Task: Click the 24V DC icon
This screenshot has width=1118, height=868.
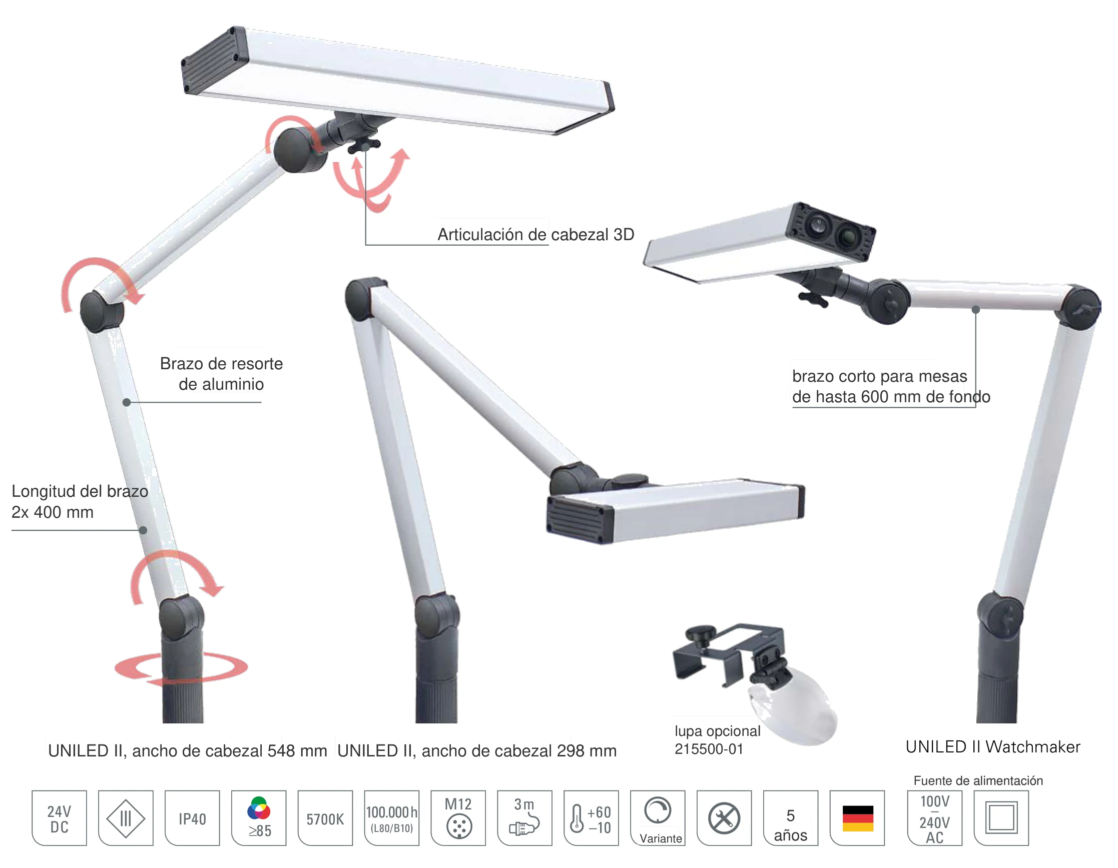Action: point(60,817)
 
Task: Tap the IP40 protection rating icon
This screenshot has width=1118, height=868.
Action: point(193,817)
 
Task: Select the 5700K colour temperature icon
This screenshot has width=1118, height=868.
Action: point(325,817)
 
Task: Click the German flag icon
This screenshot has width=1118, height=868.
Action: point(857,817)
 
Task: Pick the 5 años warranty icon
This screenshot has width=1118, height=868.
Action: point(791,817)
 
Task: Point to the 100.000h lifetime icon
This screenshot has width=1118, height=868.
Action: point(392,817)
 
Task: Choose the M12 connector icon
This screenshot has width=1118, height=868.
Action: point(458,817)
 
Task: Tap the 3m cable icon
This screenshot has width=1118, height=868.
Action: point(524,817)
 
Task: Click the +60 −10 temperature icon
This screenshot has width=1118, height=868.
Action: point(591,817)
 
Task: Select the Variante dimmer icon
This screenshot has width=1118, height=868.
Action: point(658,817)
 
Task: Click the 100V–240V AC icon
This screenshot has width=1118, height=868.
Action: point(935,817)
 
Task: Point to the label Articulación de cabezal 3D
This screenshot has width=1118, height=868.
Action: point(535,235)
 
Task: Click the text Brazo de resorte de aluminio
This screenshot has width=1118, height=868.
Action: point(221,374)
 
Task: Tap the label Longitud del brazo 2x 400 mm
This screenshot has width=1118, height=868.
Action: point(80,502)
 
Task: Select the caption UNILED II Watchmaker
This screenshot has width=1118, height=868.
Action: point(992,747)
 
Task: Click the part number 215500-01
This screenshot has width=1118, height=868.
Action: point(709,749)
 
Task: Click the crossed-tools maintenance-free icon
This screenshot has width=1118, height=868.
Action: point(724,817)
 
